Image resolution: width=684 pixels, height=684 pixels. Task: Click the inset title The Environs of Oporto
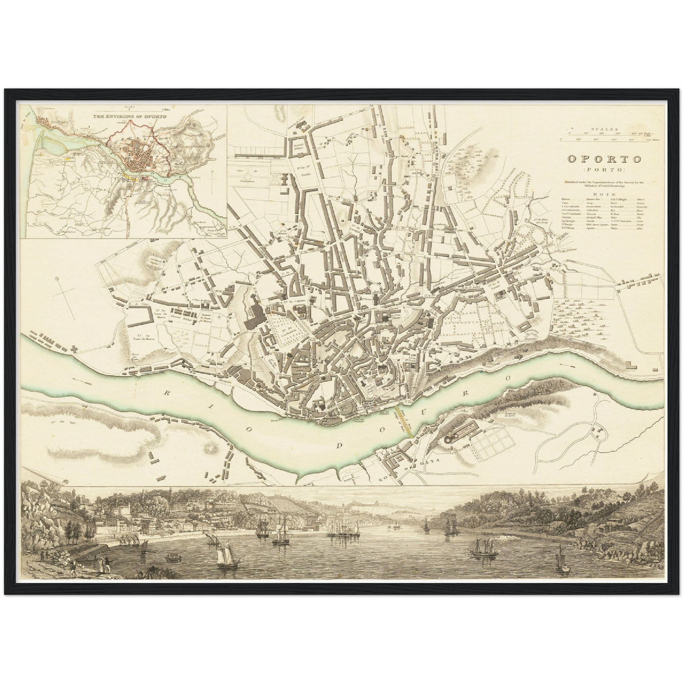pyautogui.click(x=126, y=116)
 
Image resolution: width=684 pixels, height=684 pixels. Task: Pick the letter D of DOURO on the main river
pyautogui.click(x=340, y=445)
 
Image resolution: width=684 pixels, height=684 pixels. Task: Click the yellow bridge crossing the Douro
pyautogui.click(x=404, y=417)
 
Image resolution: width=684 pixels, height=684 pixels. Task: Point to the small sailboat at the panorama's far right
pyautogui.click(x=562, y=563)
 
